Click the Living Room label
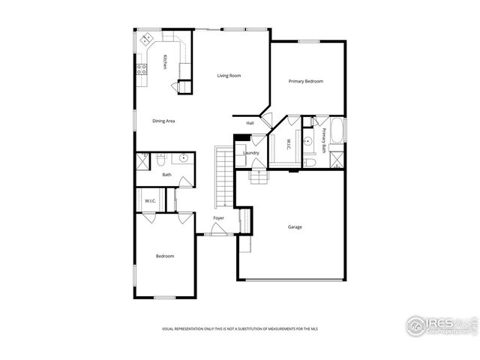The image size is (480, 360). point(229,76)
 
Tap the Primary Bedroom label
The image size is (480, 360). point(306,81)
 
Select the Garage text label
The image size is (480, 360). point(295,226)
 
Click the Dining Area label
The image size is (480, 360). point(163,121)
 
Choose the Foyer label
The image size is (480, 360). point(218,218)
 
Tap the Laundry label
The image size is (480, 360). point(251,153)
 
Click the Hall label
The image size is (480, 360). point(250,123)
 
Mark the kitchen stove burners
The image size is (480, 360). point(140,70)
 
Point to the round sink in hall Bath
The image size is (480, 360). point(183,159)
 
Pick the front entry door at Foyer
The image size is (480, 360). point(218,233)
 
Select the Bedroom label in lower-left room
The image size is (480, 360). point(165,256)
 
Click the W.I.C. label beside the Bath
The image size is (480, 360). point(149,200)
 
